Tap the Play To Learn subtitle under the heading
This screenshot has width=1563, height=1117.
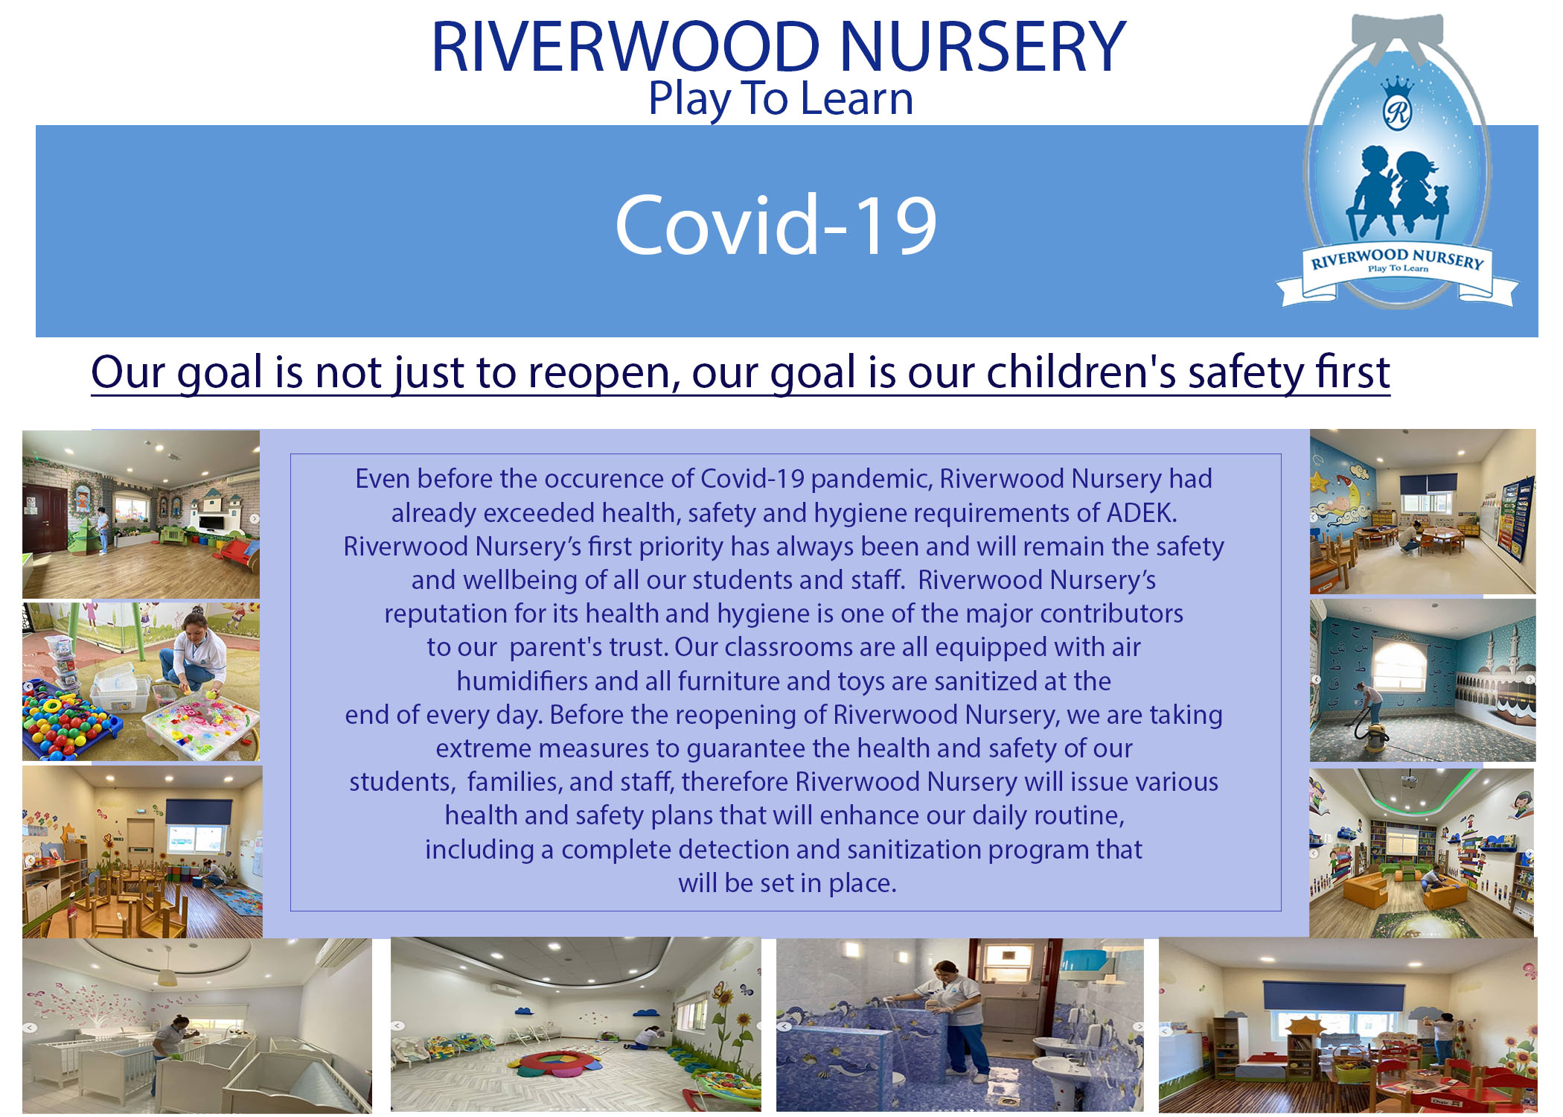[781, 98]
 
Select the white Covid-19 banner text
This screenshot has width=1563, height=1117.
[776, 224]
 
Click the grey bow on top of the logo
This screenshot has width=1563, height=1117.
[1397, 34]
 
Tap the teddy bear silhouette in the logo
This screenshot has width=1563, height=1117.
[1439, 202]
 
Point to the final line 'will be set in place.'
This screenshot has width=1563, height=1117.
[787, 883]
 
